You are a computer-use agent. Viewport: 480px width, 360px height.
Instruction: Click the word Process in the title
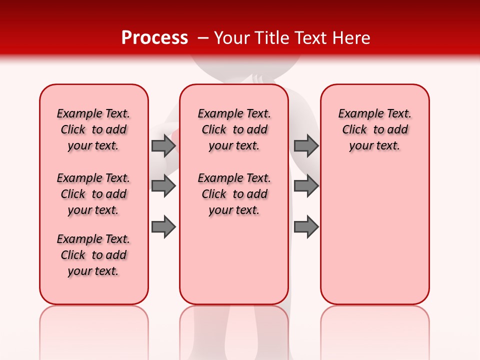pos(154,38)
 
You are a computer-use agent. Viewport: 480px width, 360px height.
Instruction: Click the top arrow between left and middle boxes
pos(163,145)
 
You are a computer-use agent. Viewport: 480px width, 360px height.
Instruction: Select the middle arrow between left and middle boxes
pos(163,186)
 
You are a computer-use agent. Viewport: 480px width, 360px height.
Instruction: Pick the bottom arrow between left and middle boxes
pos(163,227)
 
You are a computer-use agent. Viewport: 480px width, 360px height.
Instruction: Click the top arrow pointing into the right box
pos(306,145)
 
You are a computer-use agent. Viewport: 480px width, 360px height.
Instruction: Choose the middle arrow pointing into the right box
pos(306,186)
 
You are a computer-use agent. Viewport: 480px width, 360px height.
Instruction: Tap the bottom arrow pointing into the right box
pos(306,227)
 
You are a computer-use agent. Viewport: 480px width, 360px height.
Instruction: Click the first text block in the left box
pos(93,129)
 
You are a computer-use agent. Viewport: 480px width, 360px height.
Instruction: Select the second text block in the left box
pos(93,194)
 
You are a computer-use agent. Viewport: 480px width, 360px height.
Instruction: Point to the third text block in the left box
pos(93,255)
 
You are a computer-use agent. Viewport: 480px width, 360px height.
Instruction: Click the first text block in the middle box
pos(234,129)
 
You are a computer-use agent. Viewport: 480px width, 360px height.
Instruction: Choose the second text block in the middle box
pos(234,194)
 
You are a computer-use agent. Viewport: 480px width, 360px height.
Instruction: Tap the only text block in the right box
pos(374,129)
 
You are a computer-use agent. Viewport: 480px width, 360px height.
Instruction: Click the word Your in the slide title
pos(232,38)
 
